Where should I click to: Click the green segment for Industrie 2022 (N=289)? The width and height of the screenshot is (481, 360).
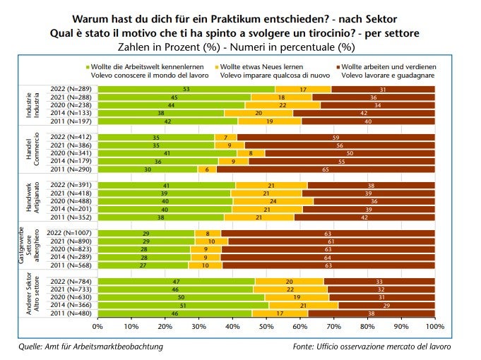[186, 89]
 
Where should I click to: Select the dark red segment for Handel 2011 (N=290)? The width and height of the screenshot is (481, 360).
[326, 169]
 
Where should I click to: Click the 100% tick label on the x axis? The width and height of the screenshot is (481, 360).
[434, 328]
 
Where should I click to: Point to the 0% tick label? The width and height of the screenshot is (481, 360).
[97, 328]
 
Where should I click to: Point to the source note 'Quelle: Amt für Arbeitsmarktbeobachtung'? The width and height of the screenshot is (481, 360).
[90, 347]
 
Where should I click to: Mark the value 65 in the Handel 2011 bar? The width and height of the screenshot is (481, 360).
[326, 169]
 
